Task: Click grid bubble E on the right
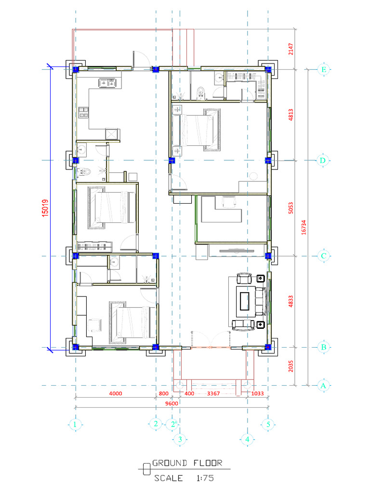pos(324,70)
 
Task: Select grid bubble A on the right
pos(324,385)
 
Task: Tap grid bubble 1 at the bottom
pos(75,424)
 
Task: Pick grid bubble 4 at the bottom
pos(247,439)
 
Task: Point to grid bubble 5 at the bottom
pos(268,424)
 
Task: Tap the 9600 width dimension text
pos(171,403)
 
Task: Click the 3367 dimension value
pos(213,394)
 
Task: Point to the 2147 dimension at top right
pos(291,49)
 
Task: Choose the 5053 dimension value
pos(291,208)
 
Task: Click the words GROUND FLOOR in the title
pos(187,463)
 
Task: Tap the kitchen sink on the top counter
pos(107,83)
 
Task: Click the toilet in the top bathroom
pos(200,91)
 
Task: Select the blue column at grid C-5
pos(268,256)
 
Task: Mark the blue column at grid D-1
pos(76,160)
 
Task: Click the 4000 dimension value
pos(116,394)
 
